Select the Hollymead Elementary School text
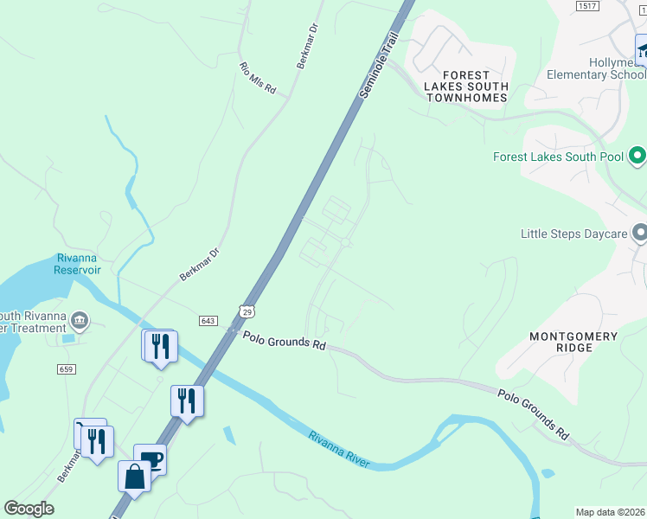pos(597,68)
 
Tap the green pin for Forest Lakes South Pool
pos(637,157)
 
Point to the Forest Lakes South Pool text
pos(558,157)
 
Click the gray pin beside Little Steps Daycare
pos(640,234)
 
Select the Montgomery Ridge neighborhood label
pos(574,342)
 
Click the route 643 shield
pos(207,321)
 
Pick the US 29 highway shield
pos(246,309)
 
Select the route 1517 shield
pos(587,6)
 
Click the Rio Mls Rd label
pos(257,77)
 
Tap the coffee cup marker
pos(151,459)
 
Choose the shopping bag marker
pos(135,477)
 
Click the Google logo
pos(29,509)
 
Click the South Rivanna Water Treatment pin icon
pos(79,321)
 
